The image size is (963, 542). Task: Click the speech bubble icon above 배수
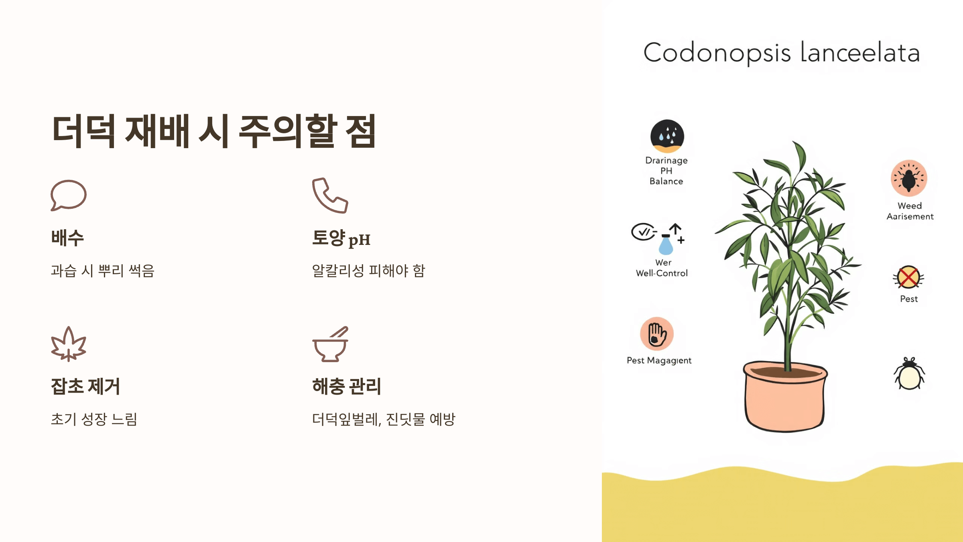(x=69, y=195)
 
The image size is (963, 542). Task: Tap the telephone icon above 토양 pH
(x=330, y=196)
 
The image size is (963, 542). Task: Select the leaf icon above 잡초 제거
(x=69, y=344)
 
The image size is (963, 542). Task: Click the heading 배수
(x=67, y=238)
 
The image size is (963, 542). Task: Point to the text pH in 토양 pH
(x=359, y=240)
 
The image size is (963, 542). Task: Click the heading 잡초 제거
(x=85, y=386)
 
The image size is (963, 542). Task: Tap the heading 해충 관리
(x=347, y=386)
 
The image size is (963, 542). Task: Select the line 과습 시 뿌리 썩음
(x=103, y=271)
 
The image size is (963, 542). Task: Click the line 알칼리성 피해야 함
(x=368, y=271)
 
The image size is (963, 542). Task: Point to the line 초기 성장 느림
(x=94, y=419)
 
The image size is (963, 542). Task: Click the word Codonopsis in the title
(x=717, y=53)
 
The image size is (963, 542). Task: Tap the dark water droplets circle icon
(x=667, y=136)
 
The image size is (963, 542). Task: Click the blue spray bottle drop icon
(x=666, y=245)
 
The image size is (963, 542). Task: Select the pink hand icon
(x=657, y=334)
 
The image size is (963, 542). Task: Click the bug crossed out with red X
(x=908, y=277)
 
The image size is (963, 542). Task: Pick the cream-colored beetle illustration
(x=909, y=375)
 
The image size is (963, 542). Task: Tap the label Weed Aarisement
(x=910, y=211)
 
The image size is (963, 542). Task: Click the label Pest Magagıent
(x=659, y=361)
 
